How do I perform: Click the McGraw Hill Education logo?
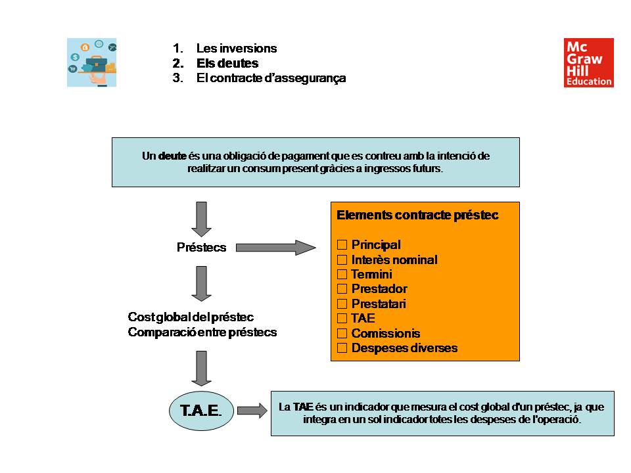coord(588,62)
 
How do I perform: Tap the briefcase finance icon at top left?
coord(91,62)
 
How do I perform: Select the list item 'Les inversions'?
coord(236,49)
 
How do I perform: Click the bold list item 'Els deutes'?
coord(227,64)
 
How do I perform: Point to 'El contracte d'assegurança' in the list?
coord(271,78)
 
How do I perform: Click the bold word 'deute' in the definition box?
coord(172,156)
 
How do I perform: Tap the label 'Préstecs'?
coord(201,248)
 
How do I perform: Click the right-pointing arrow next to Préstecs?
coord(275,248)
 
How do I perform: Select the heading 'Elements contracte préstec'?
coord(417,215)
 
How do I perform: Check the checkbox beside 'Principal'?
coord(342,245)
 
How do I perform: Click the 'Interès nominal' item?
coord(394,259)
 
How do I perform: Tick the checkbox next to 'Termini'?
coord(342,274)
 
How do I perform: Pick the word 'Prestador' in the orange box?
coord(379,289)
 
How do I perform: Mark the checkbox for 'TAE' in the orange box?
coord(342,319)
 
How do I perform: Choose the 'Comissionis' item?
coord(385,333)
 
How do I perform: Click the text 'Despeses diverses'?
coord(404,348)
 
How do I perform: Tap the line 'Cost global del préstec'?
coord(191,317)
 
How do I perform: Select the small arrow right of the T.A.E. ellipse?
coord(252,411)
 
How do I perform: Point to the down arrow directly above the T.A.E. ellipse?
coord(201,368)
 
